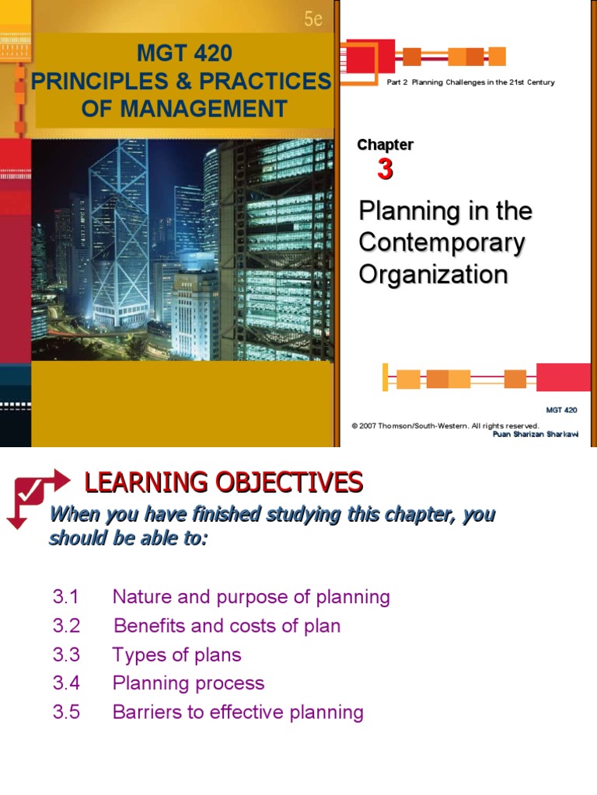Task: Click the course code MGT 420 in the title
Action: tap(184, 54)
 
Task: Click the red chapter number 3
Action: tap(385, 169)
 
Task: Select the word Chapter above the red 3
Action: tap(385, 144)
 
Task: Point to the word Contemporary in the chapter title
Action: tap(442, 243)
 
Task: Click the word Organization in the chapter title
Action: tap(433, 275)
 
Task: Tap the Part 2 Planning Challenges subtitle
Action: tap(470, 82)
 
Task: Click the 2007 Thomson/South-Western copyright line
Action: tap(445, 425)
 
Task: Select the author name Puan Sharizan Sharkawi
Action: tap(536, 434)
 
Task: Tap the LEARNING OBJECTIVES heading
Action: tap(224, 483)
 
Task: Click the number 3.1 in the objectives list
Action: tap(66, 597)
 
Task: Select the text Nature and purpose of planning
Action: tap(251, 597)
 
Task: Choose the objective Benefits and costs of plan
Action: tap(227, 626)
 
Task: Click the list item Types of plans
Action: tap(177, 654)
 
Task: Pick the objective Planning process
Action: tap(188, 683)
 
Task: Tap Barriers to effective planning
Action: tap(238, 712)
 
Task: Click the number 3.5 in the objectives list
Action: tap(66, 712)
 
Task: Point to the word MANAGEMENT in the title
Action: tap(184, 109)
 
